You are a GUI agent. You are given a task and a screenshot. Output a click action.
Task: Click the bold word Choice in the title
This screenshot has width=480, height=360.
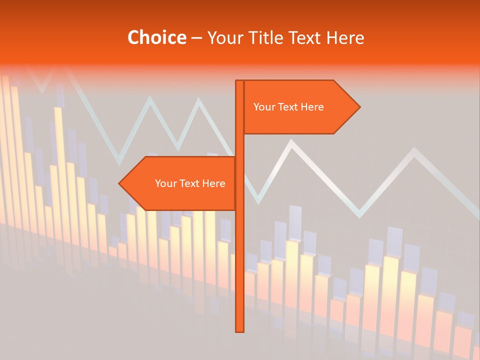[156, 37]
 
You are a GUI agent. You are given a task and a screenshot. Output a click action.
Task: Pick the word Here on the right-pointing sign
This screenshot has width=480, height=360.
[312, 107]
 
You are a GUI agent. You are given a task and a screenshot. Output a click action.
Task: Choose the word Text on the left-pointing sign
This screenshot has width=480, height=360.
[190, 183]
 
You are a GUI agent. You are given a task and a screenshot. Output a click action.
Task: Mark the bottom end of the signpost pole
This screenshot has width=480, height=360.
[240, 330]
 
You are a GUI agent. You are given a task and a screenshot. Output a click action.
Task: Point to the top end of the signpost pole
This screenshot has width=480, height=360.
[240, 81]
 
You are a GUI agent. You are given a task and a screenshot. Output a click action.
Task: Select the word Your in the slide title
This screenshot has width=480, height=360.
[223, 37]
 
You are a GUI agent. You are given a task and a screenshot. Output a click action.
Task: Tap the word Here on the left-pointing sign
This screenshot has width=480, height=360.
[214, 183]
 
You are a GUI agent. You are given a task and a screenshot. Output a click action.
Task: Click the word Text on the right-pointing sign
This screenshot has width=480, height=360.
[288, 107]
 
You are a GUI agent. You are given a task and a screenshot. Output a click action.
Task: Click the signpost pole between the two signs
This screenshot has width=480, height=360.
[240, 145]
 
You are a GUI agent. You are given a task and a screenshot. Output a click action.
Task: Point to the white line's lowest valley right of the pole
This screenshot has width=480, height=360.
[359, 216]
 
